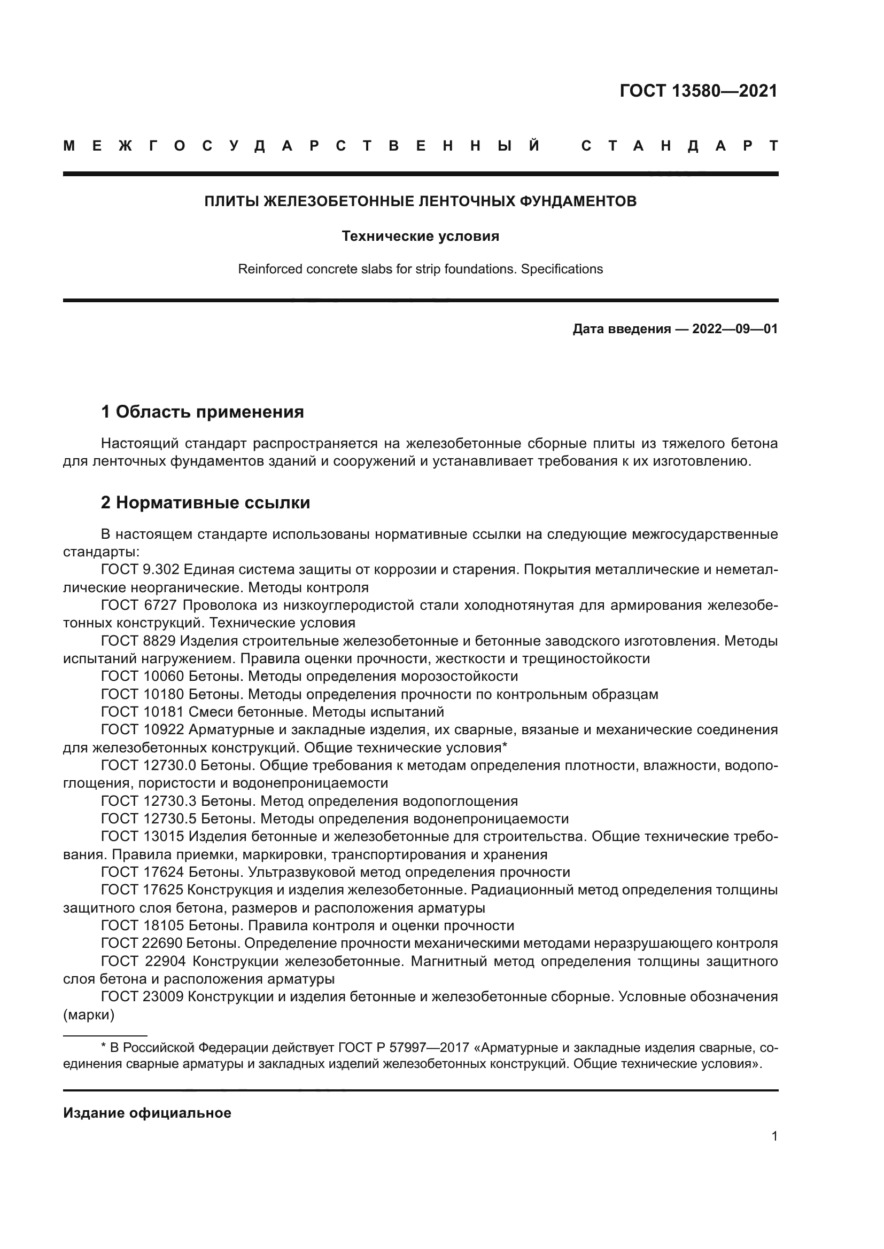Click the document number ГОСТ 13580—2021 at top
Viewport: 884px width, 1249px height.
tap(699, 91)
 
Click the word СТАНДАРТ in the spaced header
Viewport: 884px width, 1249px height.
tap(679, 146)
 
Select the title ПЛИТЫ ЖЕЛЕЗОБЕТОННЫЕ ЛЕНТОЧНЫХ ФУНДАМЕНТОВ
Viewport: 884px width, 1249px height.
tap(420, 201)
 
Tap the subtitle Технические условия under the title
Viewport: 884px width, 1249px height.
tap(420, 236)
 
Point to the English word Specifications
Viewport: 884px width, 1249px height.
tap(562, 269)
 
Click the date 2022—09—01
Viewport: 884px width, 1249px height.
tap(734, 329)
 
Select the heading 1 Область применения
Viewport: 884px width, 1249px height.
tap(203, 412)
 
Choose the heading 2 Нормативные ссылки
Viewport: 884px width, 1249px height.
tap(205, 502)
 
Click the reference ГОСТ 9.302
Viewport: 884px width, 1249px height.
tap(140, 570)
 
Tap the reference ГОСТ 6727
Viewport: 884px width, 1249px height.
tap(139, 606)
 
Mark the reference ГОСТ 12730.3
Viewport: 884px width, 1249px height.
tap(149, 801)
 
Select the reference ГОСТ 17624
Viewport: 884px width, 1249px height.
tap(143, 872)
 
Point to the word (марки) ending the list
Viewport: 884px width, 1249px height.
tap(89, 1015)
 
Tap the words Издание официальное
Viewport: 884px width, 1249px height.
tap(147, 1113)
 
